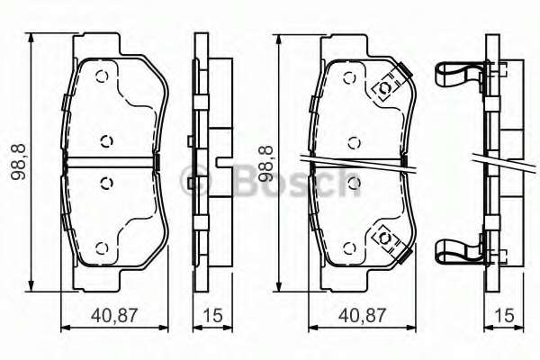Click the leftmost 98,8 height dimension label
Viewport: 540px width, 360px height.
[x=18, y=162]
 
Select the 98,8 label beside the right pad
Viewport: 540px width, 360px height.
[x=265, y=164]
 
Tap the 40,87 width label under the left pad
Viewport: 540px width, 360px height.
[x=114, y=316]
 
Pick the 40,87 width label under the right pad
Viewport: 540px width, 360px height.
[x=363, y=316]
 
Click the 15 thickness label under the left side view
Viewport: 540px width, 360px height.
[x=212, y=316]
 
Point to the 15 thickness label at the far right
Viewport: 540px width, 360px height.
[x=504, y=316]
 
